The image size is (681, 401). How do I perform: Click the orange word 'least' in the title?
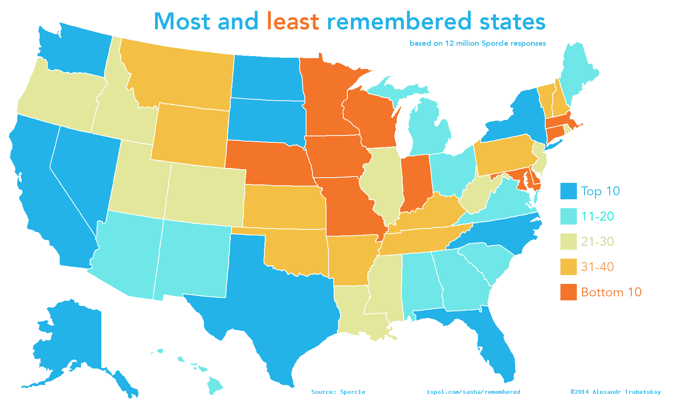[293, 21]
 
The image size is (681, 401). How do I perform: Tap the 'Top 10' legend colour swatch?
[568, 191]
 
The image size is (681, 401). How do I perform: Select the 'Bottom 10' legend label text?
[611, 292]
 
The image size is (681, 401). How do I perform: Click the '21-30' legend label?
[597, 241]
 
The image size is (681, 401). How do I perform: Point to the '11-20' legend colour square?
[568, 217]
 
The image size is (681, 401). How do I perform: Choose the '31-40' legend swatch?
[568, 267]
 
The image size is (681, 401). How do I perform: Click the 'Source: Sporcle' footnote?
[338, 392]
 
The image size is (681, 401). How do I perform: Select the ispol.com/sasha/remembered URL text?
[473, 392]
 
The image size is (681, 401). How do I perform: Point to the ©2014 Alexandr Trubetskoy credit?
[615, 392]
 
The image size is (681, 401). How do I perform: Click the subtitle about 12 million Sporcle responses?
[478, 43]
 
